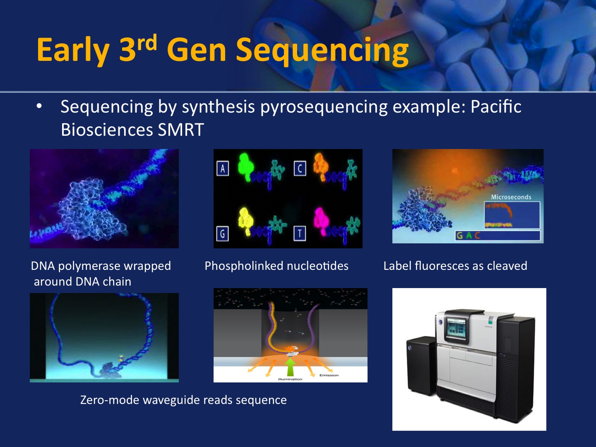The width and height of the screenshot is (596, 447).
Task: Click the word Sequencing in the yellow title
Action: click(322, 51)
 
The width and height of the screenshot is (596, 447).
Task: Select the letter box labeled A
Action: click(223, 168)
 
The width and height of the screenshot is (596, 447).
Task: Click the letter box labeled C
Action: click(300, 168)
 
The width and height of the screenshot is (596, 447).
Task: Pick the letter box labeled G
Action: click(222, 234)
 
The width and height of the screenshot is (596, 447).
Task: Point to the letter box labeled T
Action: click(300, 233)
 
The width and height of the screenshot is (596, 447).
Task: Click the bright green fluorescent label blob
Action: click(245, 167)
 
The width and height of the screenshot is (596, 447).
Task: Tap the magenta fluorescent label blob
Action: click(322, 221)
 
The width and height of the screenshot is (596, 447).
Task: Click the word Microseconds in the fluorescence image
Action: click(511, 197)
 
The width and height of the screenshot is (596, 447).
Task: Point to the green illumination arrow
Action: click(290, 367)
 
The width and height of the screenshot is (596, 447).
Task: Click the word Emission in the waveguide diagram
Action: click(329, 375)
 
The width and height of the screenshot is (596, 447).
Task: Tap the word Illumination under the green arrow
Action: click(290, 379)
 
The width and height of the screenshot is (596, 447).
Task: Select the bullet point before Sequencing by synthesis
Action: click(39, 106)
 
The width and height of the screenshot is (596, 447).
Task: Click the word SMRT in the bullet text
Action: click(181, 130)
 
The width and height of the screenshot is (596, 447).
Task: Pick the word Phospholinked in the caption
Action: click(244, 266)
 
